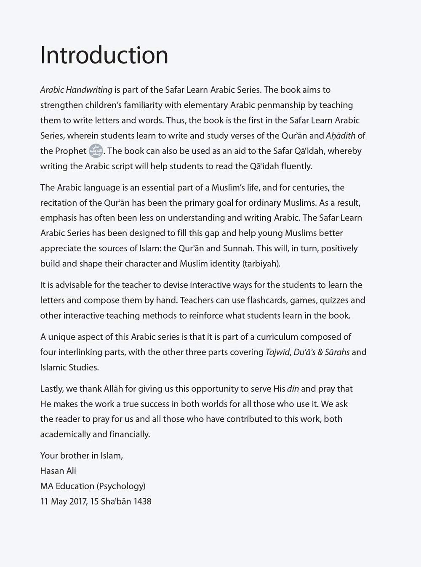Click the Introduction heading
pyautogui.click(x=104, y=55)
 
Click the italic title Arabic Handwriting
pyautogui.click(x=76, y=90)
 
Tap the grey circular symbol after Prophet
pyautogui.click(x=96, y=151)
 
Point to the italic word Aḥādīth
pyautogui.click(x=341, y=136)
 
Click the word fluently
pyautogui.click(x=296, y=166)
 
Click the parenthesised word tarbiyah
pyautogui.click(x=261, y=264)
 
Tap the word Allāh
pyautogui.click(x=113, y=389)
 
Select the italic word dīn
pyautogui.click(x=293, y=389)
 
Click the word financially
pyautogui.click(x=129, y=434)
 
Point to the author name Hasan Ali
pyautogui.click(x=58, y=471)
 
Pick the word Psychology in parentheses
pyautogui.click(x=121, y=486)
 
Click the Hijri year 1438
pyautogui.click(x=142, y=502)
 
